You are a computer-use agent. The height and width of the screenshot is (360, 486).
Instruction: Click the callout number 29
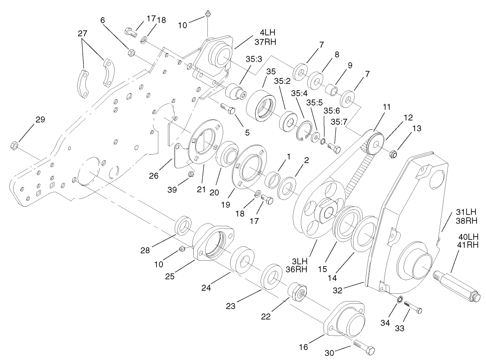click(x=40, y=120)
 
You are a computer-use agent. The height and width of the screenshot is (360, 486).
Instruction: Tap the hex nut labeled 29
click(x=14, y=146)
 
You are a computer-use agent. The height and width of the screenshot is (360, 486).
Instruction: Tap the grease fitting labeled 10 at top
click(x=207, y=14)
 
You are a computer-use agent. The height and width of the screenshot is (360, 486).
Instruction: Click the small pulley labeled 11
click(x=374, y=141)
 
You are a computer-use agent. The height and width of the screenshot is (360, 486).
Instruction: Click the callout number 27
click(x=82, y=34)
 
